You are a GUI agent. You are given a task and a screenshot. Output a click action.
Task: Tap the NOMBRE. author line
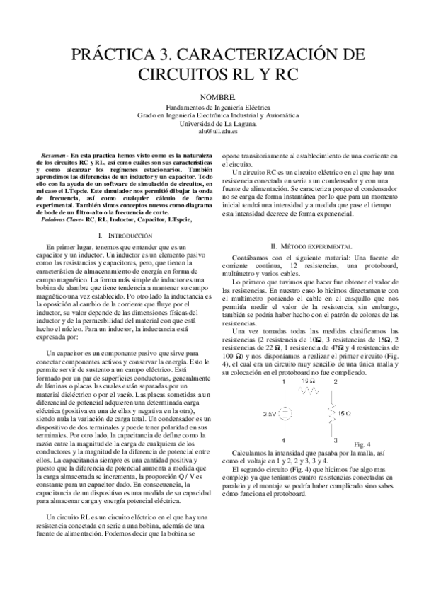tap(212, 95)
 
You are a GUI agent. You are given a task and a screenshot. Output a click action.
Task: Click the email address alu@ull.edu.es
tap(212, 131)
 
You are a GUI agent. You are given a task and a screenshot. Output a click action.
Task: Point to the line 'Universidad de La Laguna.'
tap(212, 122)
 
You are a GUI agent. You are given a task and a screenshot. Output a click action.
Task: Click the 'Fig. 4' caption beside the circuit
tap(362, 444)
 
